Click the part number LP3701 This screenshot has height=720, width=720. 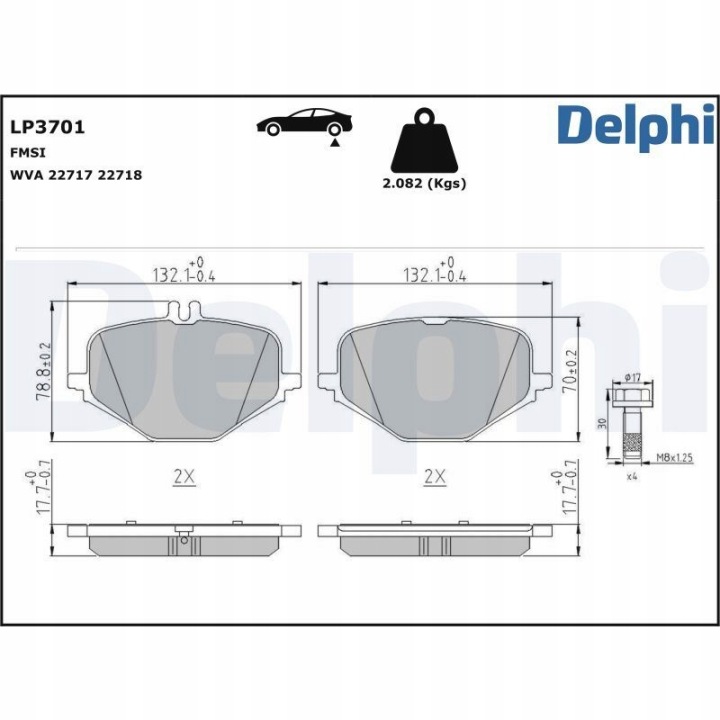coord(47,127)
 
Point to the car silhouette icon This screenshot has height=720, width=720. coord(304,122)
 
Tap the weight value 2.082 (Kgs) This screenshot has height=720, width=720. coord(424,184)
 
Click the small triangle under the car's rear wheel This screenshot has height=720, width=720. coord(335,143)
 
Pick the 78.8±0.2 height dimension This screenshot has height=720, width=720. coord(44,372)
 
